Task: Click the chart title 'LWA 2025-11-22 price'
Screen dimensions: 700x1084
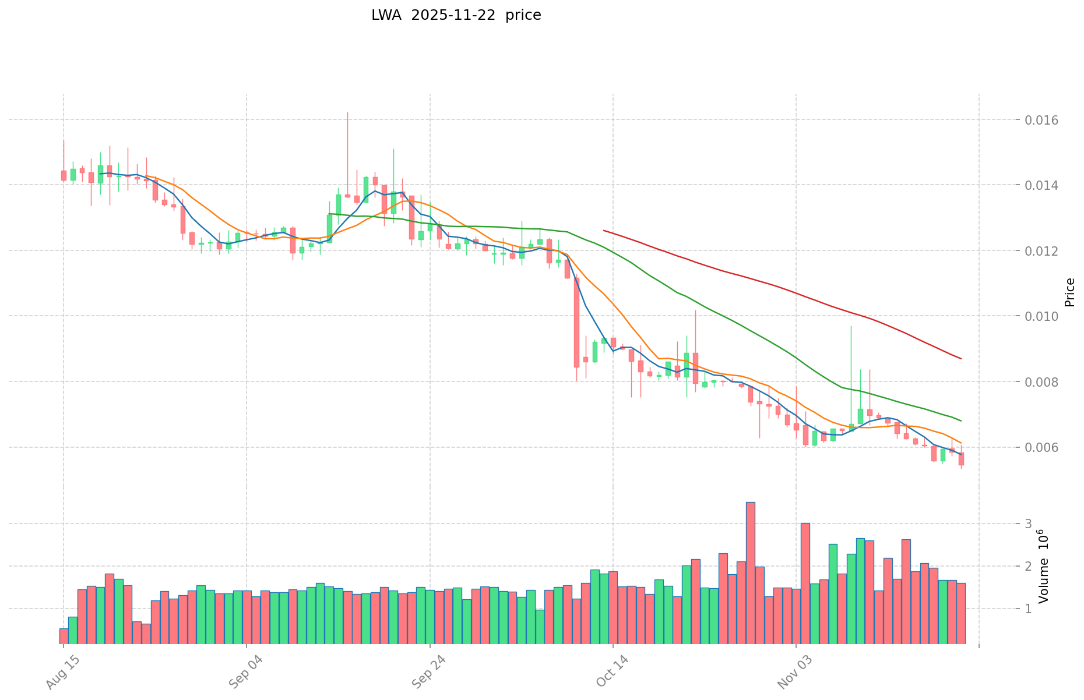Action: click(x=456, y=15)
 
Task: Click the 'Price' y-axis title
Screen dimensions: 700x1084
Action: click(x=1069, y=292)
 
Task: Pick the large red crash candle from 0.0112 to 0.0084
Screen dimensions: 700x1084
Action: click(x=576, y=322)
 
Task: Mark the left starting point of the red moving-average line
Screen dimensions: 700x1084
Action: click(x=604, y=231)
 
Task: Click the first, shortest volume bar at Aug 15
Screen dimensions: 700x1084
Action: click(x=64, y=636)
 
